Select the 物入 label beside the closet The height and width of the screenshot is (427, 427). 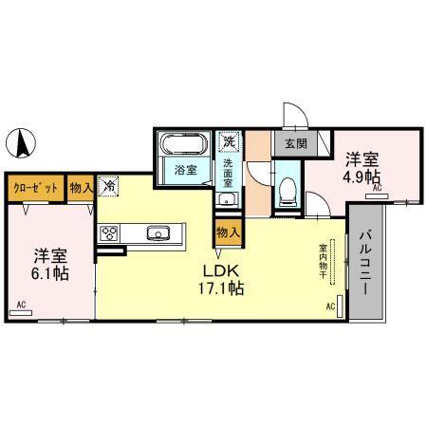(82, 188)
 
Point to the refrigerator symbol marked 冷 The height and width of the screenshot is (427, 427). (109, 187)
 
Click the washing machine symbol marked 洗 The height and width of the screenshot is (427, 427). (228, 142)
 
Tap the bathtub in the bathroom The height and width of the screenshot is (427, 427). (183, 145)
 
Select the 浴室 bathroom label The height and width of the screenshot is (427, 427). (185, 170)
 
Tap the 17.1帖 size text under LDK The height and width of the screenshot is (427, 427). (220, 288)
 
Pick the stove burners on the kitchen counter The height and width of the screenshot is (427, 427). (108, 233)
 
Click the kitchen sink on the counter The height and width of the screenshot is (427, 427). (158, 233)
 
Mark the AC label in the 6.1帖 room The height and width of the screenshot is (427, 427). (21, 305)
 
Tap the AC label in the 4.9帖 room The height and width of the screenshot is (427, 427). (377, 190)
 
